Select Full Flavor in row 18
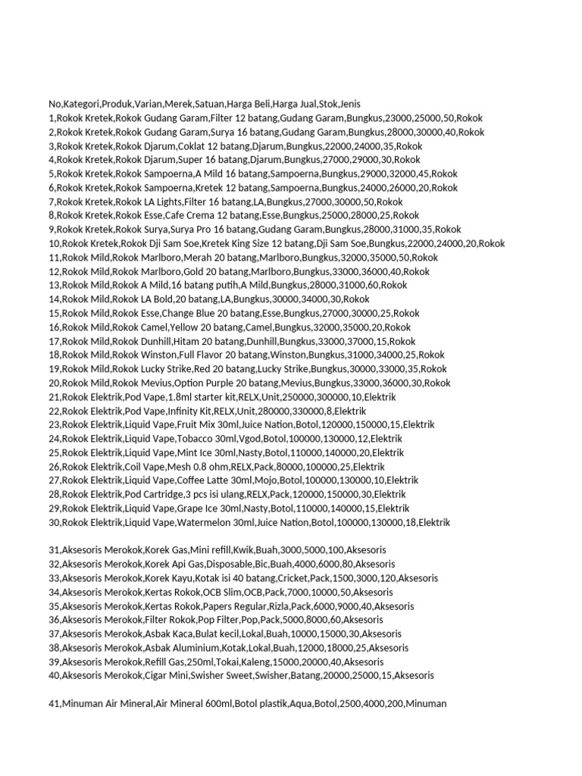click(201, 355)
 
